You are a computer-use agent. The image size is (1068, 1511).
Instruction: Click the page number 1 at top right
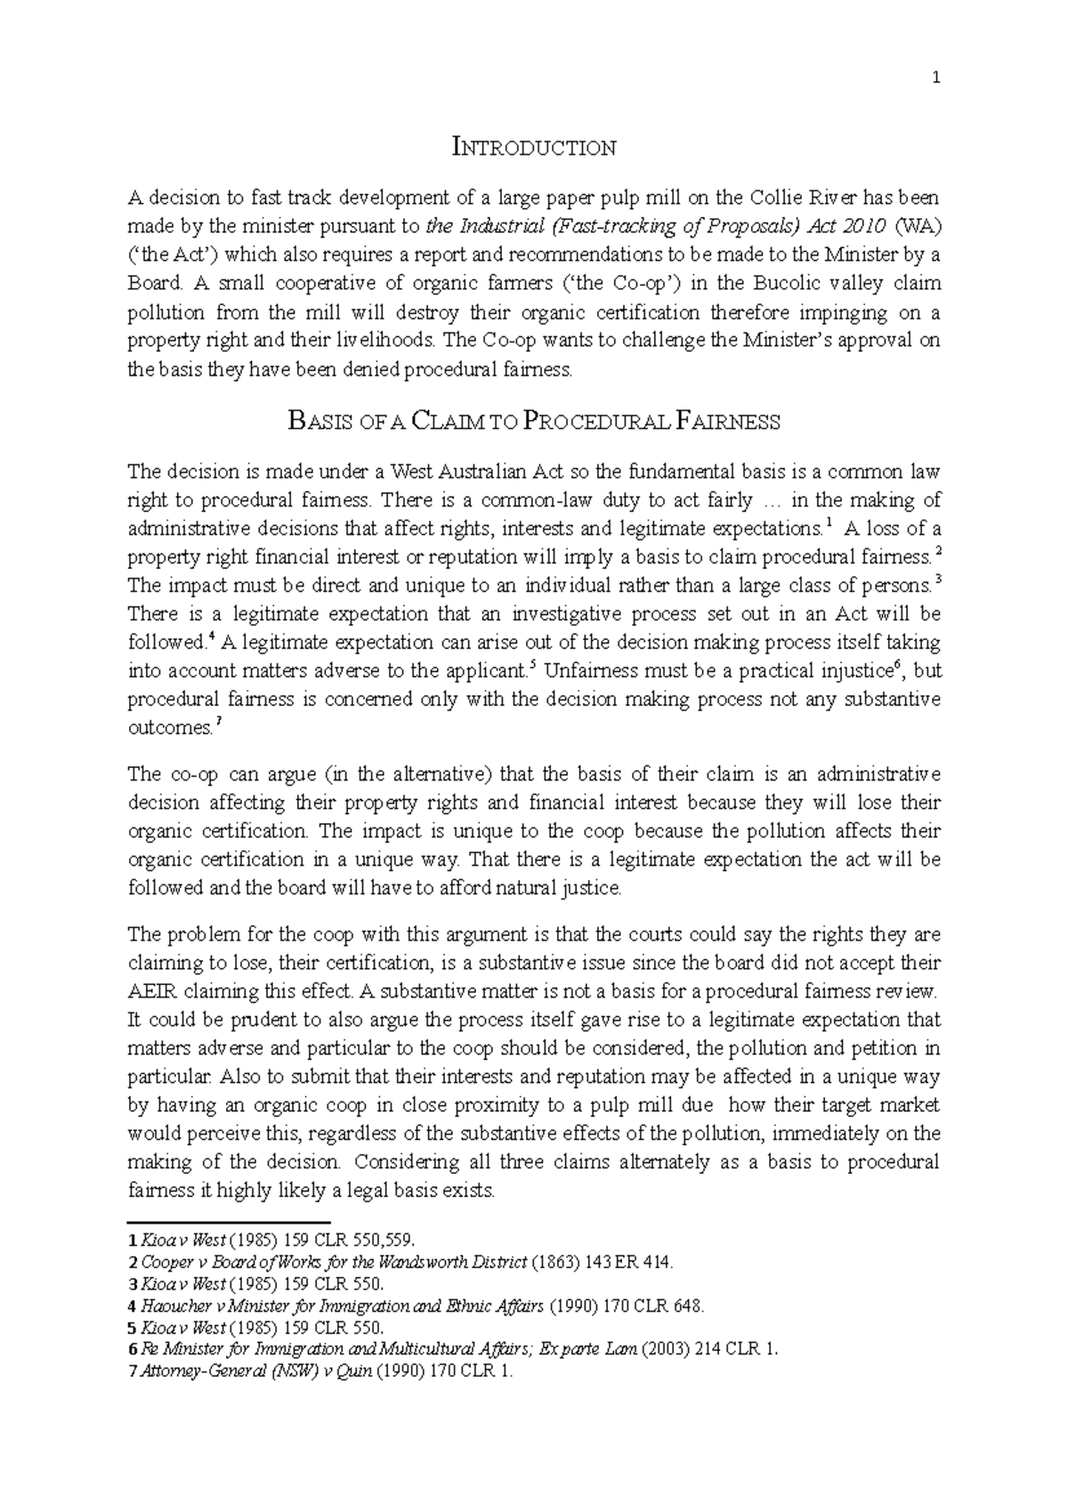pyautogui.click(x=935, y=78)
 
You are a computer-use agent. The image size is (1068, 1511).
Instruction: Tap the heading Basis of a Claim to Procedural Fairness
pyautogui.click(x=534, y=422)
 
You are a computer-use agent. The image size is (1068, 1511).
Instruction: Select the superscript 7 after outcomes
pyautogui.click(x=219, y=723)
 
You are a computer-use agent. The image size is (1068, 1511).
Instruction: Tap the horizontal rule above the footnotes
pyautogui.click(x=230, y=1223)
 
